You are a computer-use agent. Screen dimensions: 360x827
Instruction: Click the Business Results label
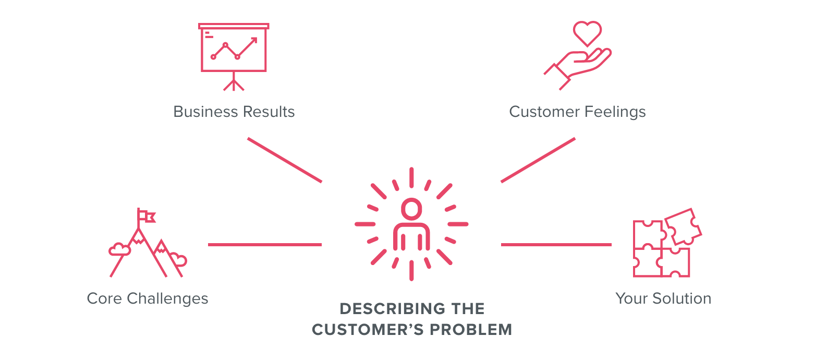234,112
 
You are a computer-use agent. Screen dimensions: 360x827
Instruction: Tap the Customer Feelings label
577,112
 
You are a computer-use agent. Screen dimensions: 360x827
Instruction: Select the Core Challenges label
148,298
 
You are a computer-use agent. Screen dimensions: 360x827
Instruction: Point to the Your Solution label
663,298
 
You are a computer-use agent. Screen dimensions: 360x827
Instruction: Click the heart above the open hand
587,33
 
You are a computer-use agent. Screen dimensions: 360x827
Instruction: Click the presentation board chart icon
234,49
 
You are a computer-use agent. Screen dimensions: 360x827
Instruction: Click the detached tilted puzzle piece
684,226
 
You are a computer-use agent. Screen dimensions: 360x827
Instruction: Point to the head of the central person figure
411,209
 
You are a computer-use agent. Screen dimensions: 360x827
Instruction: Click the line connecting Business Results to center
285,160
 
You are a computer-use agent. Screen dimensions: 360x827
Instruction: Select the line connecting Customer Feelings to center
538,160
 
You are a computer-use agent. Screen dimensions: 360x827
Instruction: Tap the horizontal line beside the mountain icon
265,244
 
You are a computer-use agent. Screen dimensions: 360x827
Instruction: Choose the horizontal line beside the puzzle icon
556,244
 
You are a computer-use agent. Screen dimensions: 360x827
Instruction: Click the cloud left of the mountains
119,249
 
